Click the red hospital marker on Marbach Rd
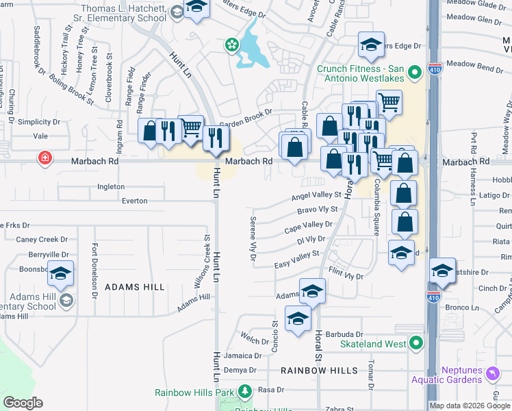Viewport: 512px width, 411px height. (x=45, y=158)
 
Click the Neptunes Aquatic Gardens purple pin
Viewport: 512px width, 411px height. (x=494, y=374)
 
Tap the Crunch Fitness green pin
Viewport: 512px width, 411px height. (x=414, y=71)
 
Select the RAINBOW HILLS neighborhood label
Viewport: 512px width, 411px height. (x=319, y=370)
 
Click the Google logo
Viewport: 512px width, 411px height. (x=23, y=403)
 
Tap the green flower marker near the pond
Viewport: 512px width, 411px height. (x=232, y=45)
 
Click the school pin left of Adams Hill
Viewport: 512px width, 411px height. (x=60, y=273)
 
